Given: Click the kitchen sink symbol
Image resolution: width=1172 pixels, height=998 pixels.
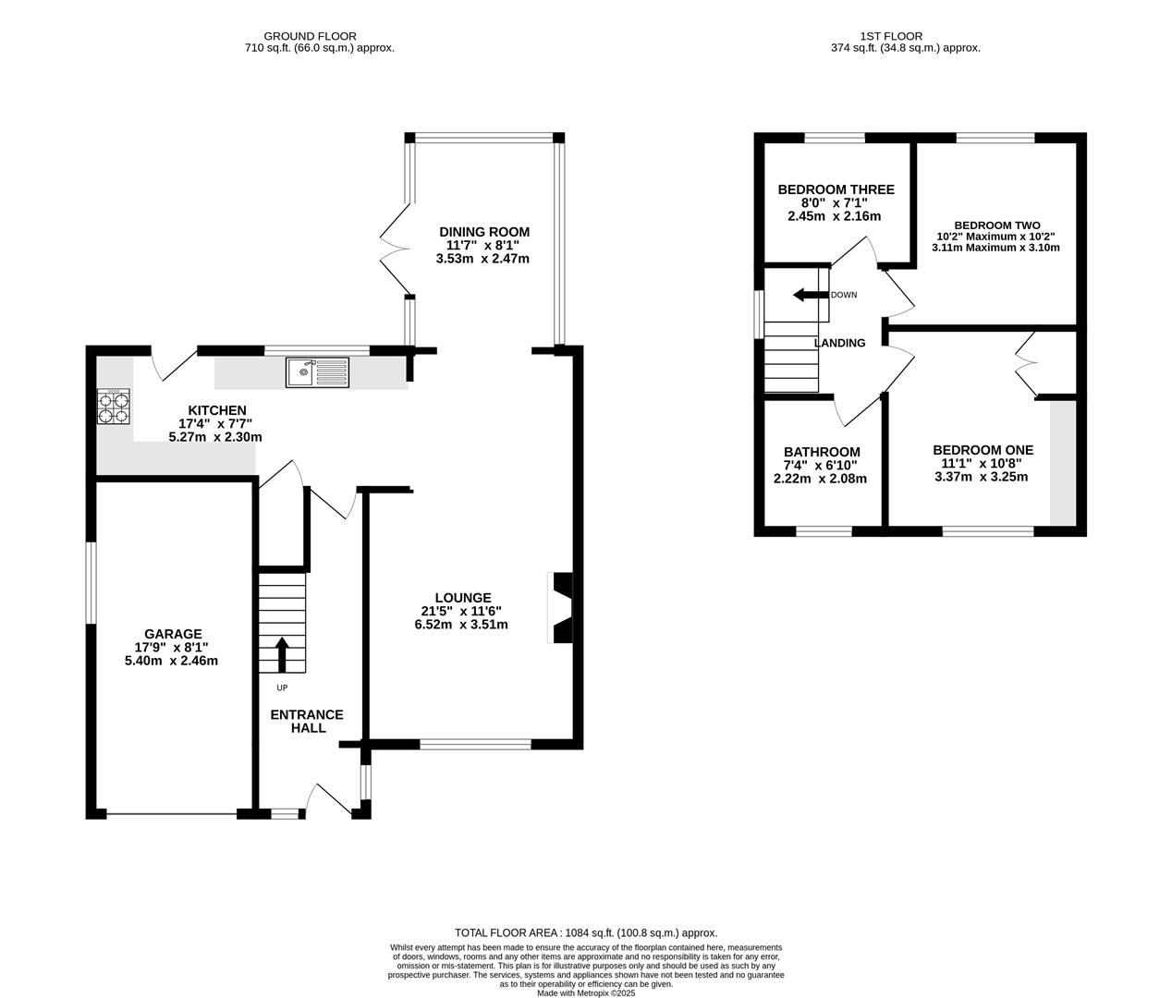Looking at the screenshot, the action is [x=318, y=372].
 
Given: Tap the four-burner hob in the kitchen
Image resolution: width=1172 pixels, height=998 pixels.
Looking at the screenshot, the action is [x=114, y=407].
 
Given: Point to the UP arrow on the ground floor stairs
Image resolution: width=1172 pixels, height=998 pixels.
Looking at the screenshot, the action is [x=281, y=655].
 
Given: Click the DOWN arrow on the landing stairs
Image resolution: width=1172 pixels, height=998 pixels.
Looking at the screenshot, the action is [x=811, y=295].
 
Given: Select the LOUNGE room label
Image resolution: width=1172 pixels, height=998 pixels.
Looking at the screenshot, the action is [x=463, y=598].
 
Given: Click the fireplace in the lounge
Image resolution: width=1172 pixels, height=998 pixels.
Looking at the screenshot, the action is [x=560, y=607].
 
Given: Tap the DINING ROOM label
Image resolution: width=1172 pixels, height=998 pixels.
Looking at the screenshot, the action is [x=484, y=232].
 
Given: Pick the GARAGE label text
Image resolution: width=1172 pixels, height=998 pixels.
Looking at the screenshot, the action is [x=173, y=634].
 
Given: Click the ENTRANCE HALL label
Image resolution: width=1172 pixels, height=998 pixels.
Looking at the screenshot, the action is [x=307, y=722].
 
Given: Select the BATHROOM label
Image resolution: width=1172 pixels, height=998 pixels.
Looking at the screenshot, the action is [x=823, y=452].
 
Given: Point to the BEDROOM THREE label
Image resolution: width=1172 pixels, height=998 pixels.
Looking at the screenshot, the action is [x=836, y=189].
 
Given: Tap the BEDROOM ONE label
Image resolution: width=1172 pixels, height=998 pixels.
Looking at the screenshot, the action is [x=983, y=450].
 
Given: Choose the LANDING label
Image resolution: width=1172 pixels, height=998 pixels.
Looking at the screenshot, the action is [x=840, y=343].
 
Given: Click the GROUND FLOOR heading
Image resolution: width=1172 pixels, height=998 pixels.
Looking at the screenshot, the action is [x=311, y=36].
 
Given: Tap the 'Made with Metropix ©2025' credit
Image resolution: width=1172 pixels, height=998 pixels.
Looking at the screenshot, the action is [x=586, y=992].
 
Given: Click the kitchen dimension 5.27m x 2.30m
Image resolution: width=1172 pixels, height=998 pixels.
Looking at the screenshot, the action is [x=215, y=437].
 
